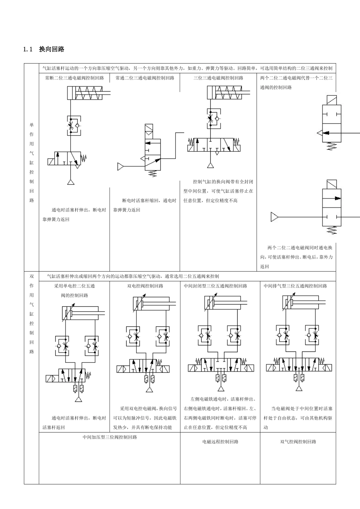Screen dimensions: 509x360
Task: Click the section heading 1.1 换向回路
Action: [x=44, y=49]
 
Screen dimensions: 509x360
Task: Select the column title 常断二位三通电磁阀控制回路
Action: [x=74, y=78]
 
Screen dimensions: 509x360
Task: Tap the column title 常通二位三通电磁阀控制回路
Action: [x=145, y=78]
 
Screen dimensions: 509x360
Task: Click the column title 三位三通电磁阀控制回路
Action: [x=218, y=78]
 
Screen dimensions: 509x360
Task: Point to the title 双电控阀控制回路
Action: [x=145, y=286]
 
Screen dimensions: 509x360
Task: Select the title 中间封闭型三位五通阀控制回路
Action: [x=216, y=286]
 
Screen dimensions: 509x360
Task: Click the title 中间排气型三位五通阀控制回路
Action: [x=295, y=286]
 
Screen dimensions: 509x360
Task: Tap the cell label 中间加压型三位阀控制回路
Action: [x=110, y=437]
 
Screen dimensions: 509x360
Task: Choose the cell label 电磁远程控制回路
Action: [x=220, y=442]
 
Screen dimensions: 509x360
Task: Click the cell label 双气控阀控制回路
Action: [x=298, y=442]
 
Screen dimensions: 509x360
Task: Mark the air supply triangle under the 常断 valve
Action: [x=71, y=182]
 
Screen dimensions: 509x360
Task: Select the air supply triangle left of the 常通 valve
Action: [x=121, y=166]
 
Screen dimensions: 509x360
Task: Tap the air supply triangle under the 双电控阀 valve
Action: [x=150, y=390]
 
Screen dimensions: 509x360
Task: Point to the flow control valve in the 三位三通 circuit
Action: [x=213, y=119]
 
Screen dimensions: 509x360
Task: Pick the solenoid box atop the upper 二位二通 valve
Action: [x=331, y=100]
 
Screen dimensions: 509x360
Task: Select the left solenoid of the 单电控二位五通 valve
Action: [x=52, y=379]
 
